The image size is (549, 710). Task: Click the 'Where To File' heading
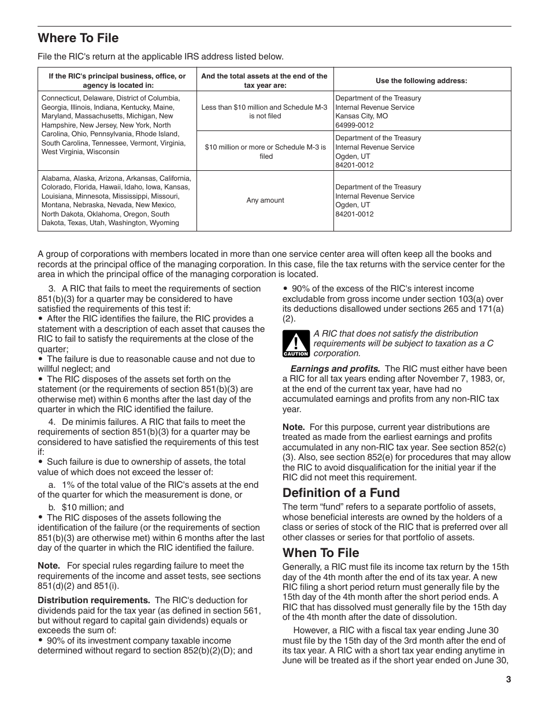click(x=78, y=38)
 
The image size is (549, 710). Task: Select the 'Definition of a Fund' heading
click(x=341, y=492)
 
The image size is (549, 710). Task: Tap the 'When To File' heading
click(x=321, y=552)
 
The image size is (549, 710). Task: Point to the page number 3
click(x=508, y=679)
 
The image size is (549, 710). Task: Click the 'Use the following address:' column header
click(x=421, y=81)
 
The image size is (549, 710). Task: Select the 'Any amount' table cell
click(x=265, y=201)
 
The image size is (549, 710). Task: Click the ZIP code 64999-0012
click(x=354, y=125)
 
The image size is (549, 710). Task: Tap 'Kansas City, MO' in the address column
click(x=361, y=116)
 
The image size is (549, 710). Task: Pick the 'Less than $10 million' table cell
click(x=265, y=111)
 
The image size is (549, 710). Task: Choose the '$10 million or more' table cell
click(x=265, y=152)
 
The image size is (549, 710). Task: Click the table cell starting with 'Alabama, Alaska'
click(x=116, y=201)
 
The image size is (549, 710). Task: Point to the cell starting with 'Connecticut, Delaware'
click(x=116, y=125)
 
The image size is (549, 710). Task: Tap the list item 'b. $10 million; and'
click(x=86, y=507)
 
